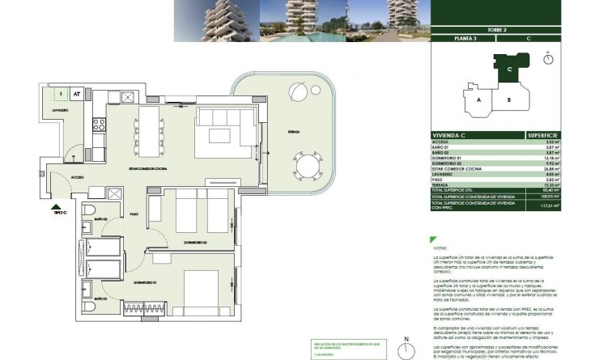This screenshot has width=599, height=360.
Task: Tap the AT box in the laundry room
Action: point(76,94)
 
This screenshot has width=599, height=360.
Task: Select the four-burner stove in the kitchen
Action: point(100,125)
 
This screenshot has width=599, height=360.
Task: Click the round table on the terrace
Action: point(307,168)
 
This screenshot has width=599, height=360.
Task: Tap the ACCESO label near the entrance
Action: point(77,176)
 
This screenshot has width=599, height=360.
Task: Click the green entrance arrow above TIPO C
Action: point(53,208)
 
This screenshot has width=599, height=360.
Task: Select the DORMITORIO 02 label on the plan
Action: point(196,242)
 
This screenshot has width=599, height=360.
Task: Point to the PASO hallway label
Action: point(134,214)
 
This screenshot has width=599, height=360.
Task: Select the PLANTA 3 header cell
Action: point(465,38)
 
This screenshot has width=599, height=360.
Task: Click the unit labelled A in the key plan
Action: point(478,100)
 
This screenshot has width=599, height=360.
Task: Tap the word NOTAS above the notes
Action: point(439,248)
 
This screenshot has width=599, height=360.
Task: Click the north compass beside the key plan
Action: point(549,57)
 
